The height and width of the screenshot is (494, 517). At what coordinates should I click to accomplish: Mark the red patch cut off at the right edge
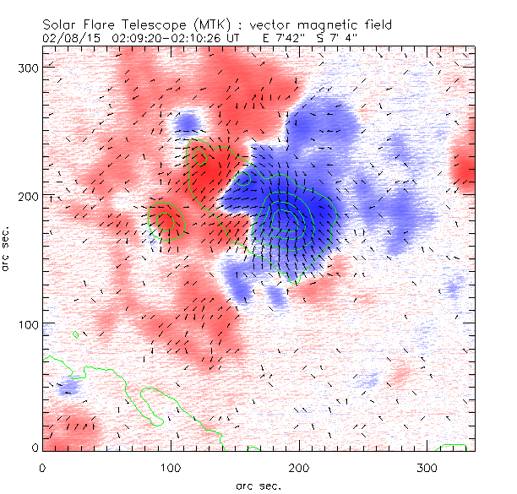pyautogui.click(x=465, y=169)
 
